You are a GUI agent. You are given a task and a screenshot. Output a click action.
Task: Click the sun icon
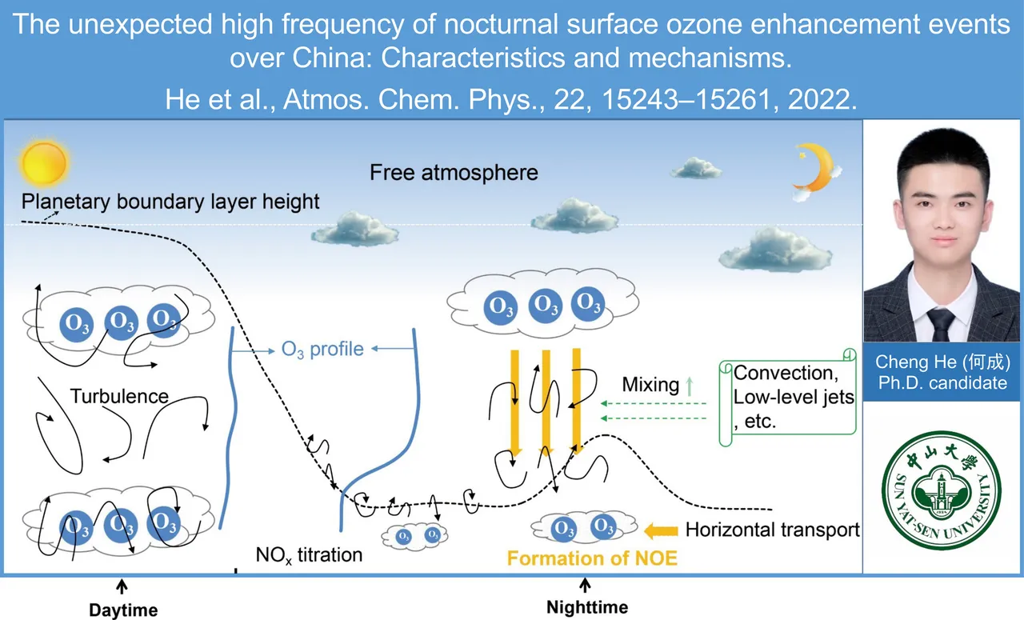pos(44,162)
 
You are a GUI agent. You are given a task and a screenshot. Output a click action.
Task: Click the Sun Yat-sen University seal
pos(942,490)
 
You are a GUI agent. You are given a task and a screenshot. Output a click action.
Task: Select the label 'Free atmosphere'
pos(454,173)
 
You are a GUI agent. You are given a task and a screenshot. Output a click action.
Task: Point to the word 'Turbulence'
pos(119,396)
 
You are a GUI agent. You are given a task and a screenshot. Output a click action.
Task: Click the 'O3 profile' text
pos(322,350)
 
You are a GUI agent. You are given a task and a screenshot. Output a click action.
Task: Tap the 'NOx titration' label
pos(309,555)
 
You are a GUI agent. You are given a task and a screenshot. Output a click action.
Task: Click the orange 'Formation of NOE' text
pos(592,558)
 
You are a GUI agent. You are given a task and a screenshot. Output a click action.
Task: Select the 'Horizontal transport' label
pos(773,530)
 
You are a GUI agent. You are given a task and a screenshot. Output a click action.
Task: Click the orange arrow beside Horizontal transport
pos(661,531)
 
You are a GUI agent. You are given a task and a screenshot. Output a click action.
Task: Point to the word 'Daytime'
pos(123,610)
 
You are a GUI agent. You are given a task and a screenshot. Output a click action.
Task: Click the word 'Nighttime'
pos(587,608)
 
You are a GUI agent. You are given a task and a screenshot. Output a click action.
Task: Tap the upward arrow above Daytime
pos(122,586)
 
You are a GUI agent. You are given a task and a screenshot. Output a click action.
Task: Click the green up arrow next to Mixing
pos(690,386)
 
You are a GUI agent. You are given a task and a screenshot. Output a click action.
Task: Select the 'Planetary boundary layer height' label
pos(170,202)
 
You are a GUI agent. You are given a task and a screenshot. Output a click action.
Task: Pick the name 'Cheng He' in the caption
pos(915,362)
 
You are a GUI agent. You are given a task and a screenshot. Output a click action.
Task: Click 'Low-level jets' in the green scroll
pos(794,397)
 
